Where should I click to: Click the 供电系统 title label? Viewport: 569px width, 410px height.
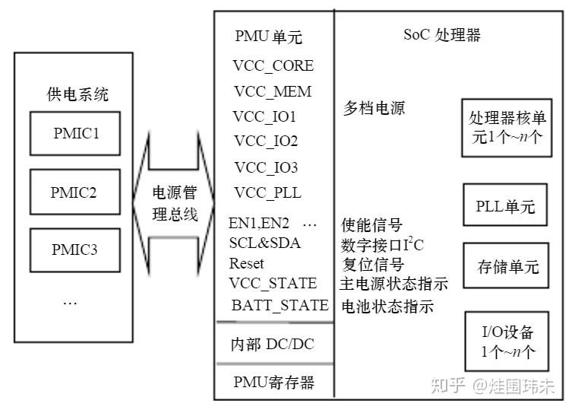point(77,95)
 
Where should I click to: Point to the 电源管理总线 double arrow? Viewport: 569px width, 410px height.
point(175,202)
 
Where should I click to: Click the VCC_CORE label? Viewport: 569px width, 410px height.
point(273,65)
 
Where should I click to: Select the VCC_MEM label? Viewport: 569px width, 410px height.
point(273,91)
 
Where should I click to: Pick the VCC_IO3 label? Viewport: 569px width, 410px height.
point(266,167)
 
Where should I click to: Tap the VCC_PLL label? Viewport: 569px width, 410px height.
point(267,192)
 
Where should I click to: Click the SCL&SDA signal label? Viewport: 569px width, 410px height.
point(264,243)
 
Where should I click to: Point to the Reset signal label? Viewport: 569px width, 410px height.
point(247,263)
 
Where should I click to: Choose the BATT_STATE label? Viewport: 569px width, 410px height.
point(280,305)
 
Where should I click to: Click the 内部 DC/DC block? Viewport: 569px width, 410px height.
point(272,344)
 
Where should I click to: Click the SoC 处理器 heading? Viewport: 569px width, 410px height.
point(441,35)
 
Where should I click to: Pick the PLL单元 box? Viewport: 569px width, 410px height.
point(505,206)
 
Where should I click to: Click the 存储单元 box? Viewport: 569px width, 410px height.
point(507,266)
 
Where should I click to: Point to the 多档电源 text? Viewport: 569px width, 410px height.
point(374,108)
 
